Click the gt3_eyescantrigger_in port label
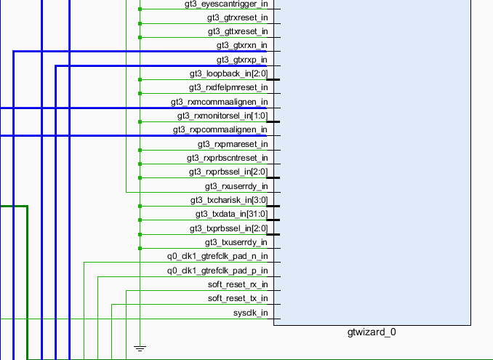point(227,4)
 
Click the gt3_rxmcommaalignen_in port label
point(219,102)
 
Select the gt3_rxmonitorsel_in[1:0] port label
point(223,116)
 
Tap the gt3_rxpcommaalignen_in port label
point(220,129)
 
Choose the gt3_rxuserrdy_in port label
point(236,186)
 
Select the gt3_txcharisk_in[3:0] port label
point(228,200)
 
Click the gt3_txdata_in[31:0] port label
point(231,215)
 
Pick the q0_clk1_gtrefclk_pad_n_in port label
point(217,256)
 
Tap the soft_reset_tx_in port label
point(238,298)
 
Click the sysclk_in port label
point(250,313)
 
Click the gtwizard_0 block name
point(372,332)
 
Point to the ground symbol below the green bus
point(140,348)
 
